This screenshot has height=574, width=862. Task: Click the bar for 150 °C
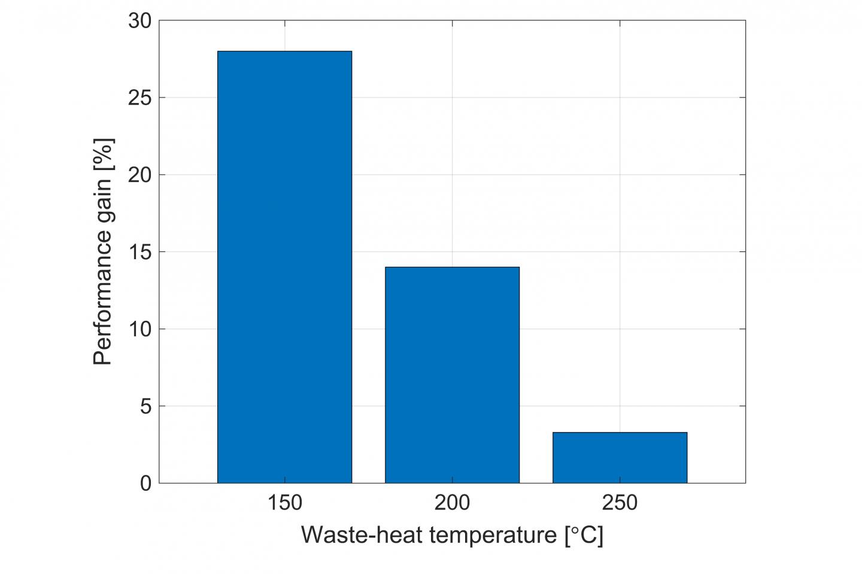(x=284, y=267)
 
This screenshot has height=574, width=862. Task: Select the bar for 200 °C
(x=452, y=375)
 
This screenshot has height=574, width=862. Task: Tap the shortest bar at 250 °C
(x=620, y=457)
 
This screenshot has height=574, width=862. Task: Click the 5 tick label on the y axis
(x=145, y=406)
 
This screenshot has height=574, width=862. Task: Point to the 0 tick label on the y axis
(x=145, y=483)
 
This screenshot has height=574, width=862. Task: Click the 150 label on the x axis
(x=284, y=503)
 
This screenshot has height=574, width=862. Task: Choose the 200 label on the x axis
(x=452, y=503)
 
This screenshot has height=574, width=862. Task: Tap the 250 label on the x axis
(x=620, y=503)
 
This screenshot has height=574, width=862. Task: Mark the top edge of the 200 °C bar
(x=452, y=267)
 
